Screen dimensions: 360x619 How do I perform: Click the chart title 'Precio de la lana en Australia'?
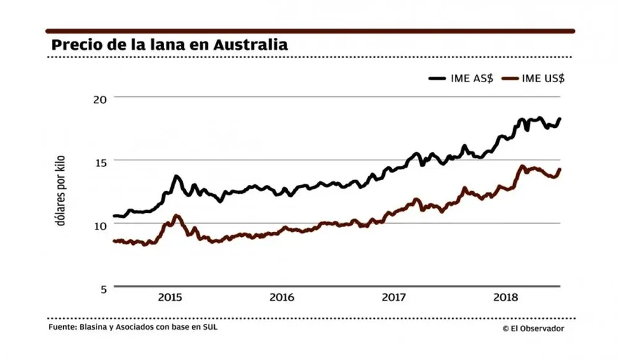(x=170, y=45)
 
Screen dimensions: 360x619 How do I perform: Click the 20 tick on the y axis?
(x=100, y=98)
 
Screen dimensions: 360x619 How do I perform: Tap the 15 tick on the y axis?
(x=100, y=161)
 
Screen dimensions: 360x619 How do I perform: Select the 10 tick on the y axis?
(x=100, y=225)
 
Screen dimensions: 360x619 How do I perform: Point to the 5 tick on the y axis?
(x=103, y=288)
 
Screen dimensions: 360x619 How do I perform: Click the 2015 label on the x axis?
(x=170, y=298)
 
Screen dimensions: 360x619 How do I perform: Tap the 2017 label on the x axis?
(x=394, y=298)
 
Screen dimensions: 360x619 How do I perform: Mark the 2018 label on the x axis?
(x=506, y=298)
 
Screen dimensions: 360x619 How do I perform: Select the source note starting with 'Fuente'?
(x=132, y=327)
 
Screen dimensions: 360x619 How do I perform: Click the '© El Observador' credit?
(x=533, y=328)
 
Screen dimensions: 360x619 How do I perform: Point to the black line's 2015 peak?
(x=176, y=177)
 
